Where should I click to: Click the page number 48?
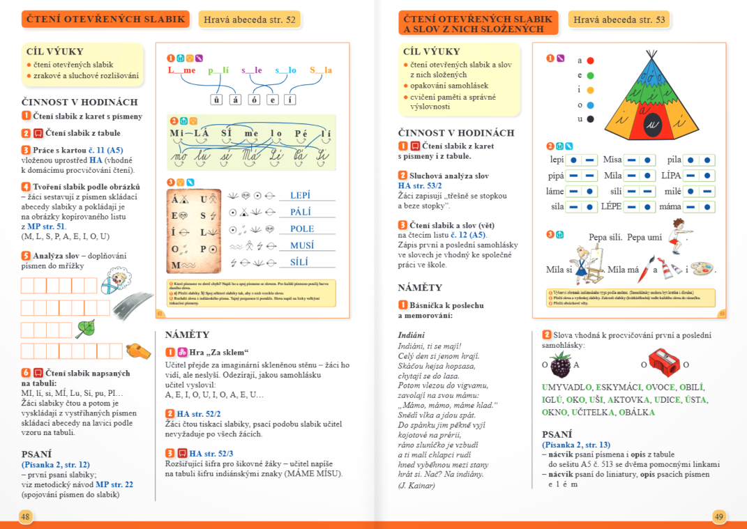tap(25, 516)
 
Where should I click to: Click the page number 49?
tap(719, 516)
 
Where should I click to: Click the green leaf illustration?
tap(85, 328)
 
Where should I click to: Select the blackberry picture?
tap(560, 364)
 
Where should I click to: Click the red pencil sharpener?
tap(664, 362)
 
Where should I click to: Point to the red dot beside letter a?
tap(590, 61)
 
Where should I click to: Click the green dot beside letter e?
tap(590, 75)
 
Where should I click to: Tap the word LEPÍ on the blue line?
tap(300, 196)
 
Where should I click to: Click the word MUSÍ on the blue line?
tap(302, 245)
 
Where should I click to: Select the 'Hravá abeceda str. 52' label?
tap(249, 20)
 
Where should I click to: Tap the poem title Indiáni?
tap(411, 335)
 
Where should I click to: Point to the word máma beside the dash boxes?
tap(670, 206)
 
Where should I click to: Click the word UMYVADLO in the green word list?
tap(567, 388)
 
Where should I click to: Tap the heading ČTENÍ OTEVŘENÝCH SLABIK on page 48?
tap(105, 20)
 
